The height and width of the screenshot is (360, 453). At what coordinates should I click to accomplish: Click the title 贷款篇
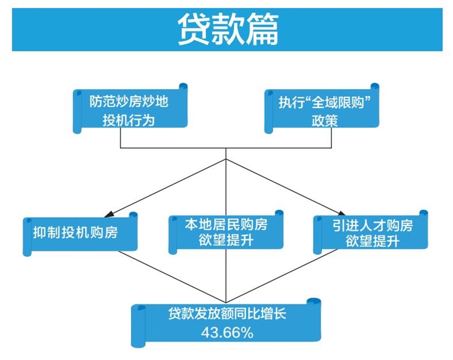click(227, 30)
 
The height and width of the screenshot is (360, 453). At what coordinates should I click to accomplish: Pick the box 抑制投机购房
click(79, 233)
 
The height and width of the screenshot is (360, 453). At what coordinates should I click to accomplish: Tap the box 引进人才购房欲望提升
click(370, 233)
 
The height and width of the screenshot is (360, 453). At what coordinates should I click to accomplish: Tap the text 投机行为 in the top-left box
click(129, 120)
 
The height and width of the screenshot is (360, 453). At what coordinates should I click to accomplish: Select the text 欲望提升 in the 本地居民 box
click(226, 241)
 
